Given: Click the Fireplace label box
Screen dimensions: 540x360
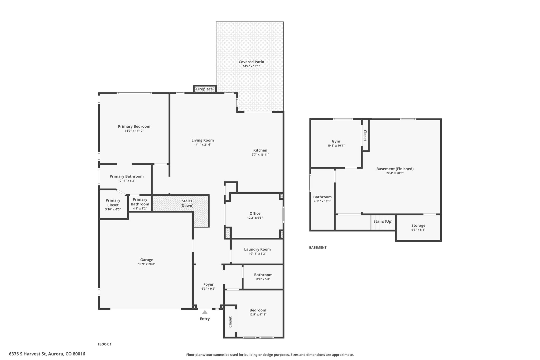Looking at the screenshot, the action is [x=204, y=89].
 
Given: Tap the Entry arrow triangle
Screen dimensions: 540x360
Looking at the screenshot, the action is [x=205, y=312].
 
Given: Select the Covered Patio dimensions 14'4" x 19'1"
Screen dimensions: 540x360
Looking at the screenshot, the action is [x=251, y=66].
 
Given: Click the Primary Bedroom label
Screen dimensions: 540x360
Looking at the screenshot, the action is [x=134, y=126].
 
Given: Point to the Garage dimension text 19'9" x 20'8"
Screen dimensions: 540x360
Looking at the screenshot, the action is [x=147, y=264].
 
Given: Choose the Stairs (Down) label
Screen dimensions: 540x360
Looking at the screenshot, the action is [x=187, y=203].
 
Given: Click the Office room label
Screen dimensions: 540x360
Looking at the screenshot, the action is [x=255, y=213].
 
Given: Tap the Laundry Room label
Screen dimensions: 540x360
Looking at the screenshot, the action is [x=257, y=249].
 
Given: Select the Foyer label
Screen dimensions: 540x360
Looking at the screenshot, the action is [x=208, y=284].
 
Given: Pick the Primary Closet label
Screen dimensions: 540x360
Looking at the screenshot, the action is [x=113, y=203].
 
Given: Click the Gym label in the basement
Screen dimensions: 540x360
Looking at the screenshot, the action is [x=336, y=141].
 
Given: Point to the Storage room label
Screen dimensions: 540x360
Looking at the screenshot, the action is [x=418, y=225].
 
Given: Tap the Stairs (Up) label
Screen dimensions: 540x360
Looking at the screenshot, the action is [x=383, y=221].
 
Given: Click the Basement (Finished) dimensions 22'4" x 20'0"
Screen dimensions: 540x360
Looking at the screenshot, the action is [x=395, y=173].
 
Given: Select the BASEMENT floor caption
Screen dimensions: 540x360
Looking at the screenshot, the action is [x=318, y=247].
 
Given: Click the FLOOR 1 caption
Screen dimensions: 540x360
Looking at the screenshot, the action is [x=105, y=344].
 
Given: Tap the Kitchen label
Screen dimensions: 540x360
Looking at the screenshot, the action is [x=260, y=150].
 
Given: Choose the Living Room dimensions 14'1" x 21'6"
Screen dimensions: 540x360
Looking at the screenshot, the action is [x=203, y=145].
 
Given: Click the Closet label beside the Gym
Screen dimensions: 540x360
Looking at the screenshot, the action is [x=365, y=136].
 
